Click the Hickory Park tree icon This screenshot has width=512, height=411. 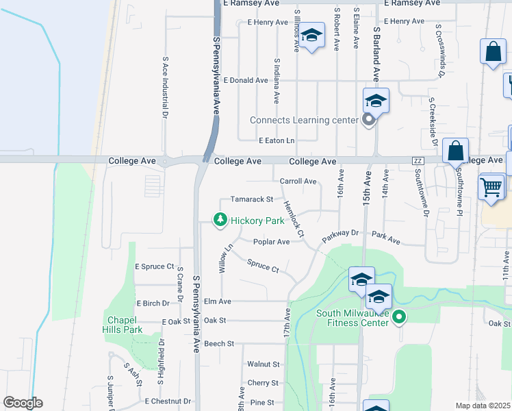pyautogui.click(x=220, y=220)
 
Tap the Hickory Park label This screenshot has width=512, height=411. pyautogui.click(x=257, y=221)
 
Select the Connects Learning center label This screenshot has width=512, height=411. pyautogui.click(x=304, y=120)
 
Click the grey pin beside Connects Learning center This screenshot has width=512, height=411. pyautogui.click(x=369, y=121)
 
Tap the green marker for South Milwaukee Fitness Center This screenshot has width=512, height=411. pyautogui.click(x=401, y=316)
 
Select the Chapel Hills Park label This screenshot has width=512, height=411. pyautogui.click(x=124, y=325)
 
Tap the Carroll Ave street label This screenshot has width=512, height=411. pyautogui.click(x=298, y=182)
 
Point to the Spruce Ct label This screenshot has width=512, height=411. pyautogui.click(x=263, y=266)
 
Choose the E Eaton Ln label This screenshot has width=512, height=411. pyautogui.click(x=276, y=140)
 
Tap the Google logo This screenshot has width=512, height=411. pyautogui.click(x=23, y=403)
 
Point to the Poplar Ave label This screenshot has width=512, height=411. pyautogui.click(x=271, y=242)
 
